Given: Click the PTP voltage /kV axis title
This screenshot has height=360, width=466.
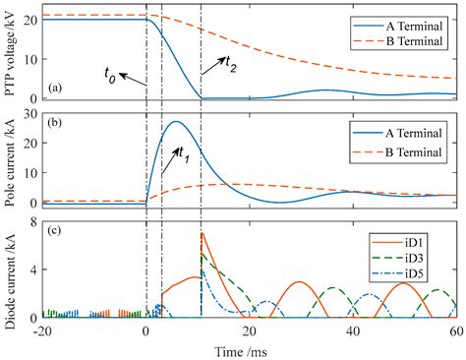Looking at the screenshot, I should click(9, 53).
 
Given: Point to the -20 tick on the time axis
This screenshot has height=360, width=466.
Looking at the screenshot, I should click(41, 331).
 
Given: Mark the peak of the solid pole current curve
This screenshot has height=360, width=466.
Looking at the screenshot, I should click(175, 122).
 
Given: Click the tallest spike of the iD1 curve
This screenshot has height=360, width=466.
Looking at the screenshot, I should click(202, 233).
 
